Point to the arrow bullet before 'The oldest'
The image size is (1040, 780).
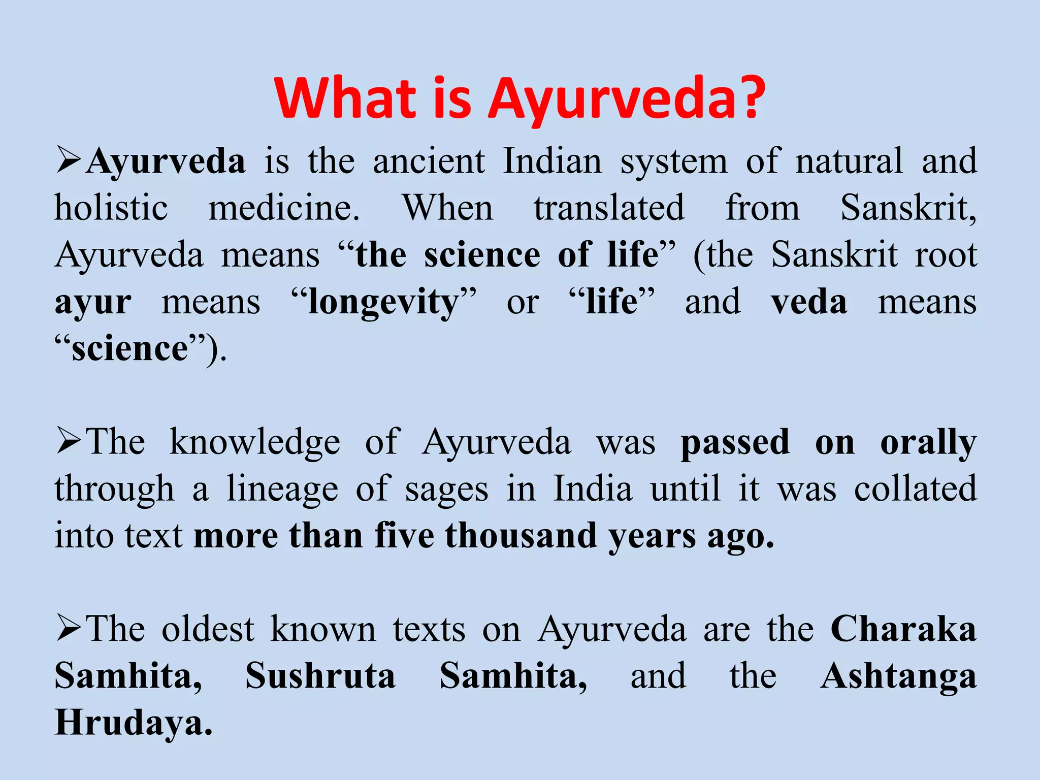pyautogui.click(x=68, y=628)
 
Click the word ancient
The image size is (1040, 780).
pyautogui.click(x=429, y=161)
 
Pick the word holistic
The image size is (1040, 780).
pyautogui.click(x=111, y=208)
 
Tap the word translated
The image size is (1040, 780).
pyautogui.click(x=609, y=208)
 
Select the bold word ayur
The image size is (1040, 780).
pyautogui.click(x=93, y=303)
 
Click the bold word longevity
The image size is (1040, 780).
pyautogui.click(x=383, y=303)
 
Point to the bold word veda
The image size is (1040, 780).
pyautogui.click(x=809, y=302)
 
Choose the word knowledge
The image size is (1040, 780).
pyautogui.click(x=254, y=442)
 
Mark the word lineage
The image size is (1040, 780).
pyautogui.click(x=282, y=490)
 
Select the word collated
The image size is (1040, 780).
pyautogui.click(x=915, y=489)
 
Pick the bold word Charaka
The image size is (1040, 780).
pyautogui.click(x=903, y=629)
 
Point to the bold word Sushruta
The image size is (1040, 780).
pyautogui.click(x=320, y=676)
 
